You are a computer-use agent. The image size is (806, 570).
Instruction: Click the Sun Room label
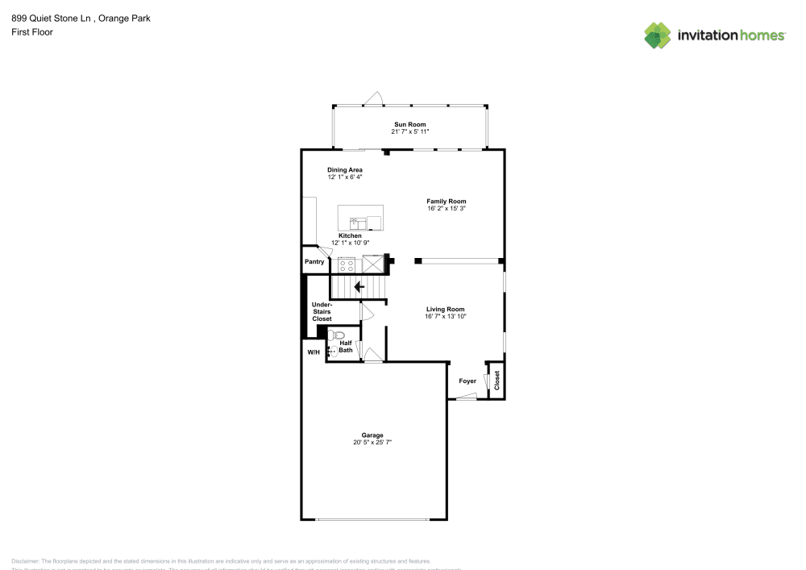[x=409, y=124]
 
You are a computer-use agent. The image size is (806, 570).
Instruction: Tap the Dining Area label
[x=344, y=169]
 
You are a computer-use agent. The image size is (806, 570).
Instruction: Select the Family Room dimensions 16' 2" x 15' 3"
[x=446, y=209]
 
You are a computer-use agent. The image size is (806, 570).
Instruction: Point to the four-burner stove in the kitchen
[x=347, y=264]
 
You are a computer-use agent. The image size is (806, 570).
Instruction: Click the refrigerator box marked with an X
[x=374, y=264]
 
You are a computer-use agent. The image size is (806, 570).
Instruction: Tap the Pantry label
[x=314, y=262]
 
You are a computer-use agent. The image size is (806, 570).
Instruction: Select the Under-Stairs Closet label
[x=322, y=311]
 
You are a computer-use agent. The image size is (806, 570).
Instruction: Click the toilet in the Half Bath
[x=337, y=335]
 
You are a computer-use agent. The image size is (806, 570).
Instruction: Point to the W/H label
[x=313, y=352]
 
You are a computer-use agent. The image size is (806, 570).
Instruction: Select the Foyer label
[x=467, y=381]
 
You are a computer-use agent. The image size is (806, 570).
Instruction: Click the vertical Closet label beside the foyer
[x=496, y=381]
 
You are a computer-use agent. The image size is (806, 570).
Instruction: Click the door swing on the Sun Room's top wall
[x=373, y=98]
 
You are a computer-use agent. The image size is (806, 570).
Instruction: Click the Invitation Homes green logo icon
[x=658, y=35]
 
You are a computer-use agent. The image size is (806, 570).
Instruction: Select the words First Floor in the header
[x=32, y=32]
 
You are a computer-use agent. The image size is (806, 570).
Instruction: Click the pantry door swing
[x=323, y=252]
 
